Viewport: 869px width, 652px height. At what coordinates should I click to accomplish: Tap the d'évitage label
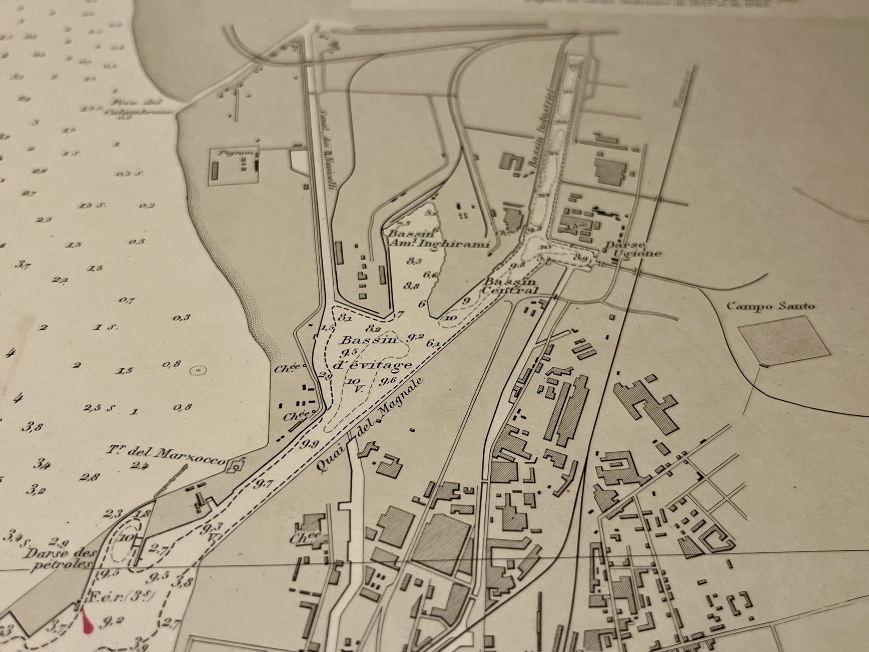[372, 365]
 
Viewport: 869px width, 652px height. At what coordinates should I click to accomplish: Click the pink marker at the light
[88, 623]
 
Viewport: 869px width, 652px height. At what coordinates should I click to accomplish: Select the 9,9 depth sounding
[309, 444]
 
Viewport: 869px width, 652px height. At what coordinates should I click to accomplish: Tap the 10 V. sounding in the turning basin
[355, 385]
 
